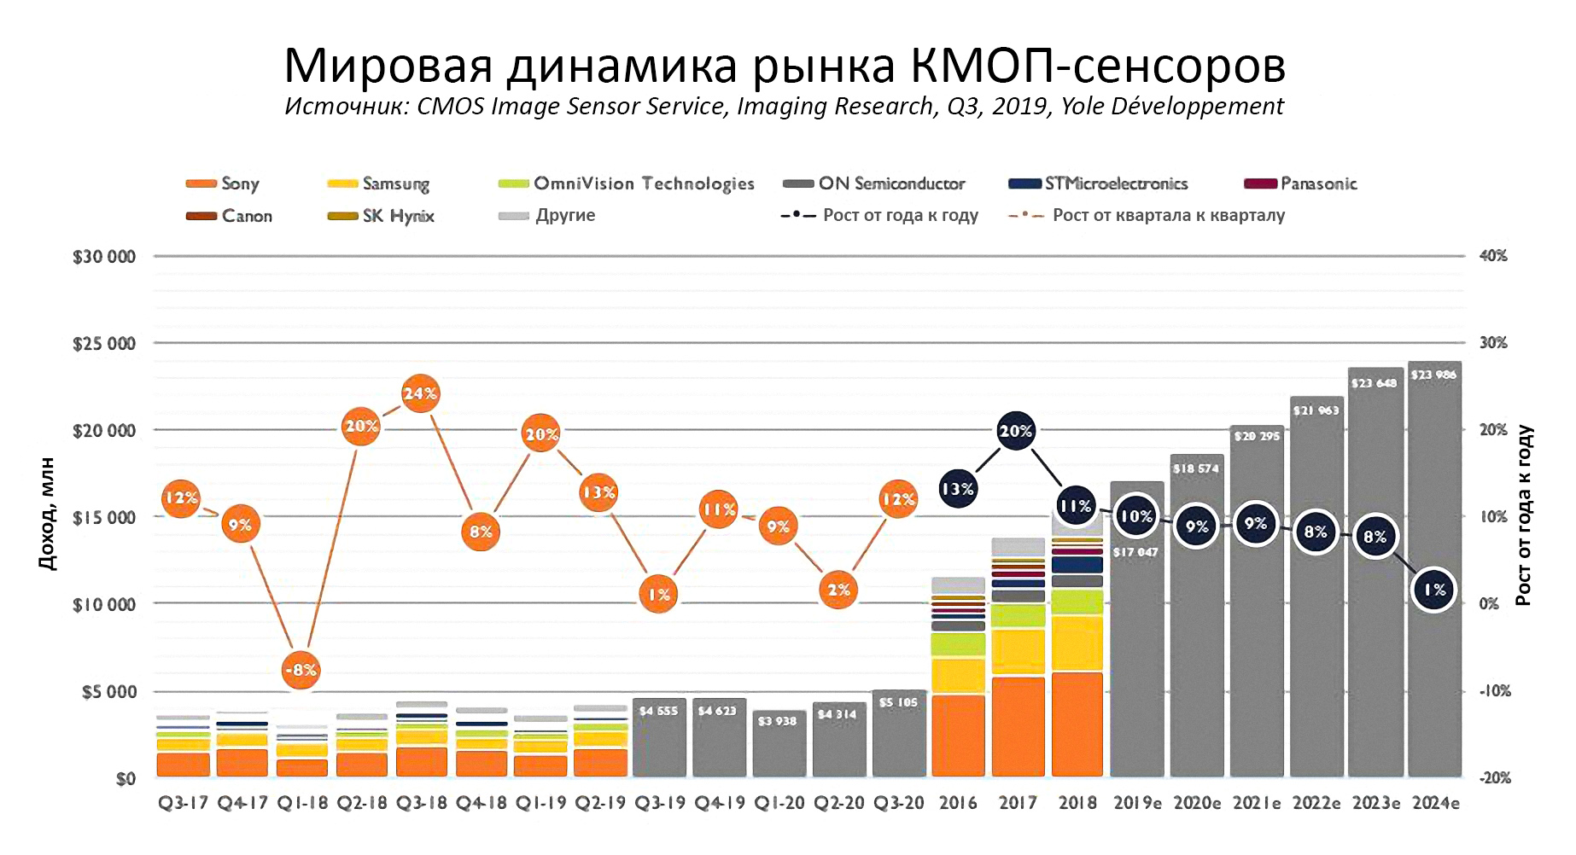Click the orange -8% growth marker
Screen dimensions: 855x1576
pos(301,670)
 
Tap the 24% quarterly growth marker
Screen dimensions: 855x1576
pos(420,393)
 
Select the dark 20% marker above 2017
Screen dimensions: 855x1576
pos(1016,431)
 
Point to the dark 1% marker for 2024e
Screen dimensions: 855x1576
pos(1434,590)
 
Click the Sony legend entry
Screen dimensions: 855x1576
pos(224,183)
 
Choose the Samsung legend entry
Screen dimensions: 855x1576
pos(380,183)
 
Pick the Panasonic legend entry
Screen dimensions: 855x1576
pos(1302,183)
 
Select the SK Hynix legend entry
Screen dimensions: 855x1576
pos(382,216)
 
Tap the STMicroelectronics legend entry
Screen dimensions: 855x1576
pos(1100,183)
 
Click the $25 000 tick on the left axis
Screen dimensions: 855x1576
pos(104,344)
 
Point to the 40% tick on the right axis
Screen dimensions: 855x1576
pos(1493,256)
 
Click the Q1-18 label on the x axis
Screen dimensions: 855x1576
pos(302,803)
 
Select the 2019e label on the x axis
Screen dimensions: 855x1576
pos(1137,803)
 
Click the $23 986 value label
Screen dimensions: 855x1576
pos(1434,375)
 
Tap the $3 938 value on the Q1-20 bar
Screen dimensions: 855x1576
pos(777,721)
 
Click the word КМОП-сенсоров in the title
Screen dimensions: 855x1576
pos(1098,65)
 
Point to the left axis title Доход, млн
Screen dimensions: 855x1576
pos(48,514)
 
